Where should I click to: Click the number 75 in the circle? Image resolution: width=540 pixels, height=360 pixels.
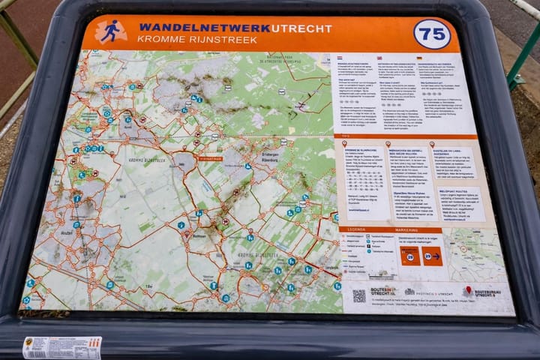(432, 34)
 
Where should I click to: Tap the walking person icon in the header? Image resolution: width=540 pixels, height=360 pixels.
(111, 31)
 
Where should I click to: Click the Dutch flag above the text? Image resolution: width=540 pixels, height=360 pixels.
(340, 58)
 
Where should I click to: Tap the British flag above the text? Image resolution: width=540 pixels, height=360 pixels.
(379, 58)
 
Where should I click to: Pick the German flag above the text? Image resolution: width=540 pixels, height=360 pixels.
(420, 58)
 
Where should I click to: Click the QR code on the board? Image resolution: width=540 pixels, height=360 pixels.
(359, 295)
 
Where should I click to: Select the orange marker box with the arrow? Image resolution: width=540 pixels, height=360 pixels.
(433, 256)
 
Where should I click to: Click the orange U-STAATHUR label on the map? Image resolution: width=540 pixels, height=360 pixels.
(212, 158)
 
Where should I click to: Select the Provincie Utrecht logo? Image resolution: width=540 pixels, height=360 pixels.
(430, 292)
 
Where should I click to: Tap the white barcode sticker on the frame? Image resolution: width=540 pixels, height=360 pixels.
(61, 347)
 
